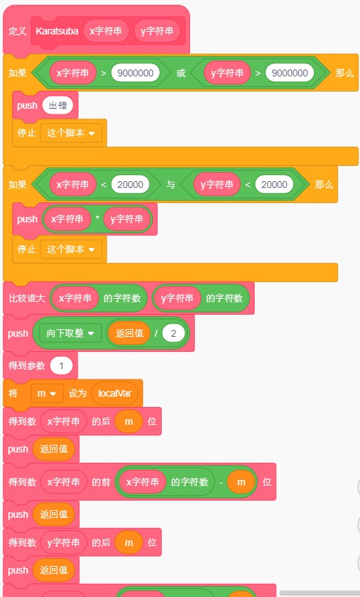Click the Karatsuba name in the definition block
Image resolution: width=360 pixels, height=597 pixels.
[56, 31]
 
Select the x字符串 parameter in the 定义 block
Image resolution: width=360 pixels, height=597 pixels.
[106, 31]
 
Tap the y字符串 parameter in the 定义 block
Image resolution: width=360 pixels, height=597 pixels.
[157, 31]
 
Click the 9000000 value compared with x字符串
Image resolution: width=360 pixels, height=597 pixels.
[136, 73]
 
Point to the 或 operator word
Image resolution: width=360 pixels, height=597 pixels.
[181, 73]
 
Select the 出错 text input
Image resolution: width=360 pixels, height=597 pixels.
[58, 105]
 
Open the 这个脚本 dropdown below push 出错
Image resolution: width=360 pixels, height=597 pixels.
[71, 133]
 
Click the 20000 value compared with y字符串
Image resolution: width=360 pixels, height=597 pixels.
[274, 185]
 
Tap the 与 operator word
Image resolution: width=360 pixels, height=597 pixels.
[171, 185]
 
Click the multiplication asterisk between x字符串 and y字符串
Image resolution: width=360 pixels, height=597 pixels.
[98, 218]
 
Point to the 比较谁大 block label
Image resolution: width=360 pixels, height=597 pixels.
[27, 298]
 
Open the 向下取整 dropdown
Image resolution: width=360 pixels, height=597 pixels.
[70, 333]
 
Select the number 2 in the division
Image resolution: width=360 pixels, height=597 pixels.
[173, 333]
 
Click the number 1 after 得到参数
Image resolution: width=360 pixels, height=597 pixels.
[61, 366]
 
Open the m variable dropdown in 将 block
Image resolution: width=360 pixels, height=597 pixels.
[47, 393]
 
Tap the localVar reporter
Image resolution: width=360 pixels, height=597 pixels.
[114, 393]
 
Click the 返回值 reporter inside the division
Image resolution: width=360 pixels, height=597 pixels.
[129, 333]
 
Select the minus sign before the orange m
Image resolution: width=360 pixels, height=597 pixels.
[221, 482]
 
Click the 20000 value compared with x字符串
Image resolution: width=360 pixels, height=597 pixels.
[130, 185]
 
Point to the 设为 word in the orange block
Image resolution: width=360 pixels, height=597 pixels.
[78, 393]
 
